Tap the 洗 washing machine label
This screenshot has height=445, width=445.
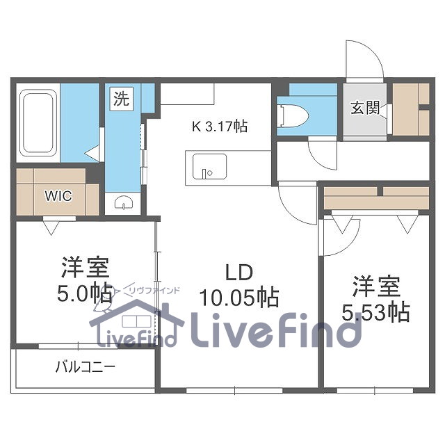pyautogui.click(x=120, y=99)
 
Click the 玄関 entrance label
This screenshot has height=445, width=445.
pyautogui.click(x=364, y=110)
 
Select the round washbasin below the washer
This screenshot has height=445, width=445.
pyautogui.click(x=124, y=203)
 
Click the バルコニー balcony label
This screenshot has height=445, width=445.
pyautogui.click(x=85, y=366)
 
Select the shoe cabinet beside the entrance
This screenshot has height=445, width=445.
pyautogui.click(x=411, y=109)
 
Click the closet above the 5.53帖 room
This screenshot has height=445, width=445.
pyautogui.click(x=375, y=197)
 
